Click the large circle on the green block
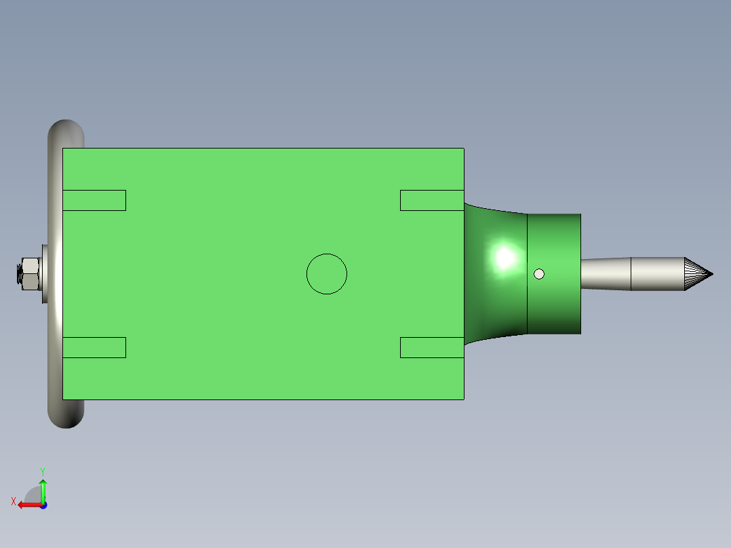[x=327, y=254]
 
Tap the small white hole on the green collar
[x=539, y=274]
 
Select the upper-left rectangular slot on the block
[x=94, y=201]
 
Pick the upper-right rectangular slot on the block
[x=432, y=201]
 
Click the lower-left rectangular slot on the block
[x=94, y=347]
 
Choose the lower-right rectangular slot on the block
[x=432, y=347]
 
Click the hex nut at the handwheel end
[x=29, y=274]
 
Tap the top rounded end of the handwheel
[x=66, y=133]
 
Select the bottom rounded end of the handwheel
[x=66, y=414]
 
